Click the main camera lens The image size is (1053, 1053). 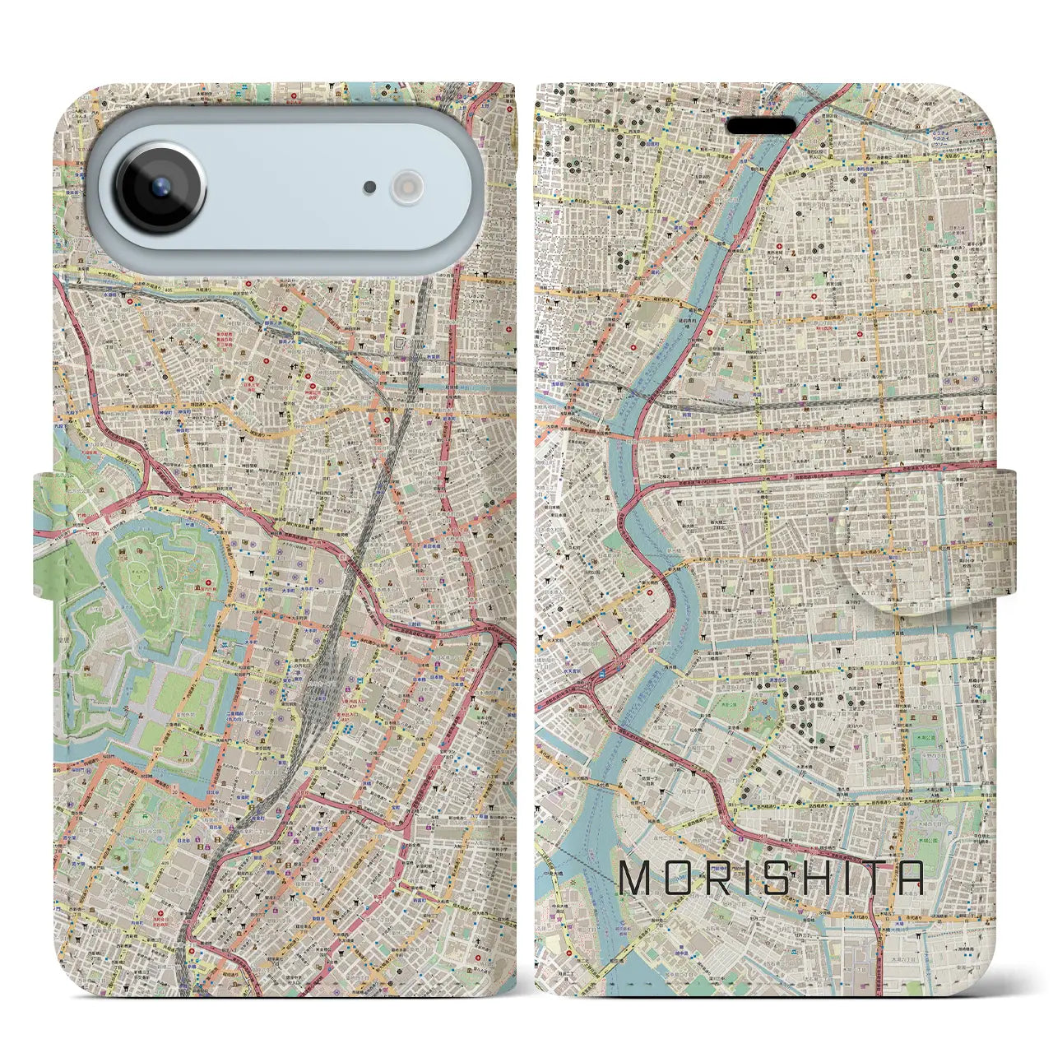coord(160,186)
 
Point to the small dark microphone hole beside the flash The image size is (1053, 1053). coord(370,188)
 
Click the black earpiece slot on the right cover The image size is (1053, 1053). coord(763,126)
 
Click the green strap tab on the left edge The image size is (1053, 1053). coord(45,535)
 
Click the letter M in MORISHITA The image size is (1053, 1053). coord(638,879)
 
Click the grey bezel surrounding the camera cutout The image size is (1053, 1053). coord(288,263)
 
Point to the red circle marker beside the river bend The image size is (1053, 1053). coord(650,590)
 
